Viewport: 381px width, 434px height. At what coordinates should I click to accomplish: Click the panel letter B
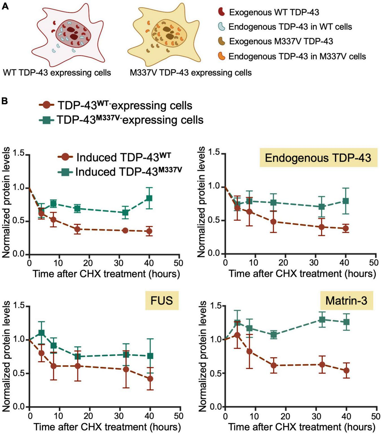click(x=5, y=101)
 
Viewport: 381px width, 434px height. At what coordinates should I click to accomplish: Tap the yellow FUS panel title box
click(x=162, y=300)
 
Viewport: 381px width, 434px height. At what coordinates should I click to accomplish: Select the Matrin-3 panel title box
click(x=346, y=300)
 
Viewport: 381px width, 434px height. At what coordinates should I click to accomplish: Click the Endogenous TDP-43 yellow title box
click(x=318, y=158)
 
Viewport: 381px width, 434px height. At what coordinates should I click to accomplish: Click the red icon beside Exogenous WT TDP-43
click(x=222, y=12)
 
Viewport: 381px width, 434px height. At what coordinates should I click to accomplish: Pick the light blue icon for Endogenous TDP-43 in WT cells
click(x=222, y=26)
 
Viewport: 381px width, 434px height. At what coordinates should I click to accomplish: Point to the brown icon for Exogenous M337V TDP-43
click(x=222, y=41)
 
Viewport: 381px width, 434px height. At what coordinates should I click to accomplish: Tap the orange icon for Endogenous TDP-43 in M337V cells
click(x=222, y=56)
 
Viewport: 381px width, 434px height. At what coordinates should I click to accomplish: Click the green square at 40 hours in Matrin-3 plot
click(x=346, y=322)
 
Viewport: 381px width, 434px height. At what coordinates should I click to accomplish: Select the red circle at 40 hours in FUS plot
click(x=150, y=378)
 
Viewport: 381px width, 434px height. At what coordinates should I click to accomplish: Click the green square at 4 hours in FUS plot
click(x=41, y=333)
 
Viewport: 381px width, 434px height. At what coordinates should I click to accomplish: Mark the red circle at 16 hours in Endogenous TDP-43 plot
click(x=273, y=222)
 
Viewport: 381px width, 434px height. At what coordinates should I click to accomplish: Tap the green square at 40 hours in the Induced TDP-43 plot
click(x=149, y=198)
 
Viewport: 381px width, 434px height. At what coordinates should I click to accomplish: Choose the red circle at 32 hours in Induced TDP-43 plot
click(x=126, y=231)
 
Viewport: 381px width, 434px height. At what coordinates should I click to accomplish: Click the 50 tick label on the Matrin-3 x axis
click(x=375, y=416)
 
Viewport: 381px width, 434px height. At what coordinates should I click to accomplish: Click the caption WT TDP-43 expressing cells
click(x=57, y=73)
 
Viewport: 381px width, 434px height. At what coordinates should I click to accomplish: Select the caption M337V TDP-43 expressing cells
click(x=190, y=73)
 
